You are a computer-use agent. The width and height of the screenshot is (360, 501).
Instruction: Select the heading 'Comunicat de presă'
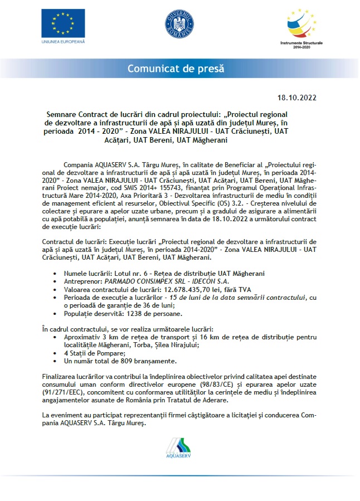pyautogui.click(x=176, y=69)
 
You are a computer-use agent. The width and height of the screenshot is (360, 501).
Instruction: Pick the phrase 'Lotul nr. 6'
pyautogui.click(x=132, y=273)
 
